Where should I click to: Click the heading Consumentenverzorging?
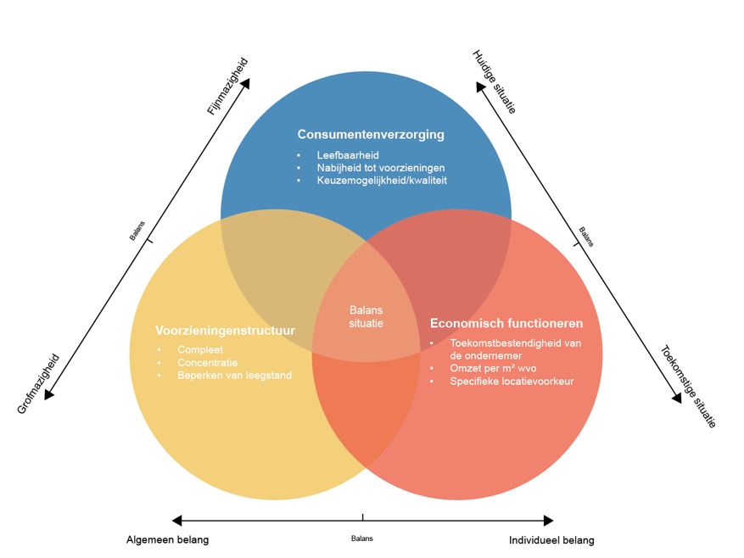[370, 135]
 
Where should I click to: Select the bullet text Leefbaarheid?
[347, 155]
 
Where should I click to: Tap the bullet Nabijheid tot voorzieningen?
[380, 168]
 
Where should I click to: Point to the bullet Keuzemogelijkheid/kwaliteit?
[382, 181]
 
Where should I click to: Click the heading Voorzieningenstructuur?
[225, 330]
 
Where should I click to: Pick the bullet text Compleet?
[200, 349]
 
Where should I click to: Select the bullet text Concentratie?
[207, 362]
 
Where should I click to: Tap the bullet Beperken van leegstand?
[234, 375]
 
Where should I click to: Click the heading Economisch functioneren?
[506, 323]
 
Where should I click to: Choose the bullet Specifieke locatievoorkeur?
[512, 381]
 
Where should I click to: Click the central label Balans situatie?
[366, 316]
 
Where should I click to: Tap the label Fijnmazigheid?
[228, 86]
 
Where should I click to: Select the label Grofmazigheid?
[39, 383]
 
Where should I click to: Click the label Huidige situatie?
[494, 82]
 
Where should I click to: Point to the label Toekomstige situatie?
[688, 386]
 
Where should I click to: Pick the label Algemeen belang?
[167, 540]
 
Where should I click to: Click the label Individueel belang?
[551, 540]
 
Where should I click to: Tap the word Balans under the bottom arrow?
[362, 538]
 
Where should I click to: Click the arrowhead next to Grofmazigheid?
[49, 393]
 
